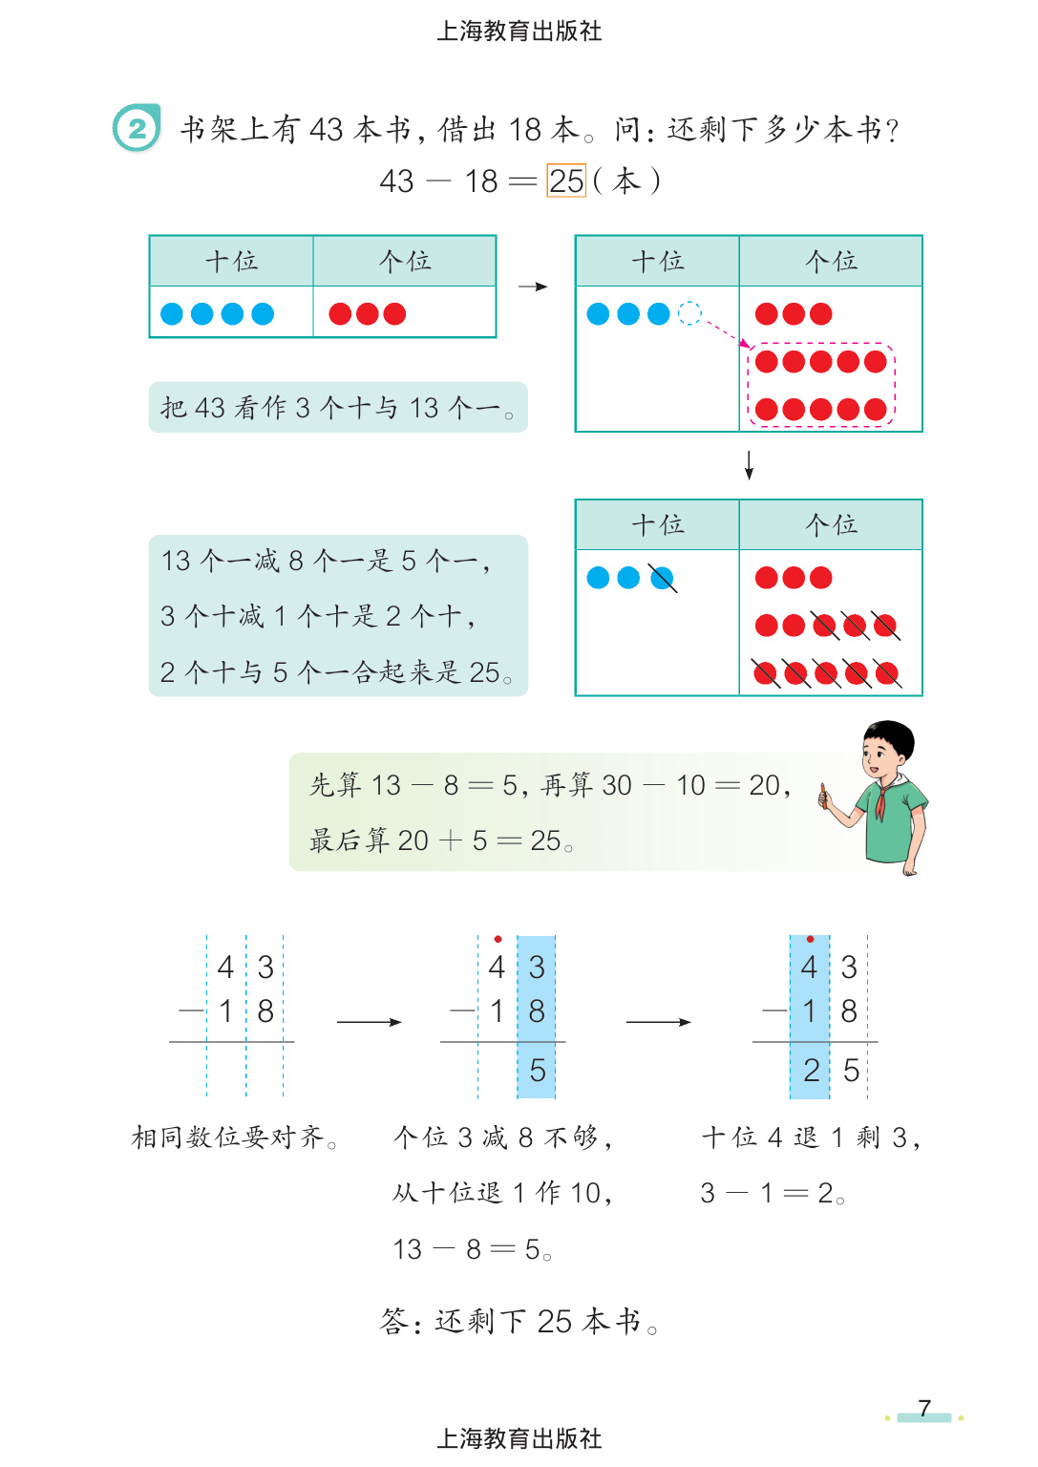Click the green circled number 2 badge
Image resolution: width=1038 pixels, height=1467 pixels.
pyautogui.click(x=137, y=128)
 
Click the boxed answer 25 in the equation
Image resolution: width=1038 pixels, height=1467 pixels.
pyautogui.click(x=566, y=181)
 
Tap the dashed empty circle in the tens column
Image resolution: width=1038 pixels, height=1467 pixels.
pyautogui.click(x=689, y=313)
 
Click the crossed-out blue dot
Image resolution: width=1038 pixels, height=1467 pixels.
pyautogui.click(x=661, y=578)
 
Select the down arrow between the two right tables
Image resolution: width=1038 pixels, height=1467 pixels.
pyautogui.click(x=750, y=464)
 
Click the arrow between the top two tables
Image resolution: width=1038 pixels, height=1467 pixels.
pyautogui.click(x=533, y=287)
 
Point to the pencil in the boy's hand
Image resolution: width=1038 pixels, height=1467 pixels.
pyautogui.click(x=822, y=796)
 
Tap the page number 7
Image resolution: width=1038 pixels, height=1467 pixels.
pyautogui.click(x=924, y=1408)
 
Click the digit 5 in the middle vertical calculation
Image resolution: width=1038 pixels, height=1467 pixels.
pyautogui.click(x=538, y=1071)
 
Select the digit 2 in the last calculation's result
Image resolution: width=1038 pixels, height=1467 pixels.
pyautogui.click(x=811, y=1071)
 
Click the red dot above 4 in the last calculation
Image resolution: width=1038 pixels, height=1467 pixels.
pyautogui.click(x=810, y=940)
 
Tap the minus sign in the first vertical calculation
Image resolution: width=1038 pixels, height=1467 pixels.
pyautogui.click(x=191, y=1010)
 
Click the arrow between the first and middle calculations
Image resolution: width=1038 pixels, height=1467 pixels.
pyautogui.click(x=370, y=1022)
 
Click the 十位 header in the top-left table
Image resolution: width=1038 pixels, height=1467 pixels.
pyautogui.click(x=231, y=261)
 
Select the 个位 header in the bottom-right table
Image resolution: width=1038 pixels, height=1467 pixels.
pyautogui.click(x=831, y=524)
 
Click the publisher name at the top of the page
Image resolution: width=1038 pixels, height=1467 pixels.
pyautogui.click(x=519, y=32)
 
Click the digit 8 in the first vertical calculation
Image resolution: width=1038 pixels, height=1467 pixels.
pyautogui.click(x=265, y=1010)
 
